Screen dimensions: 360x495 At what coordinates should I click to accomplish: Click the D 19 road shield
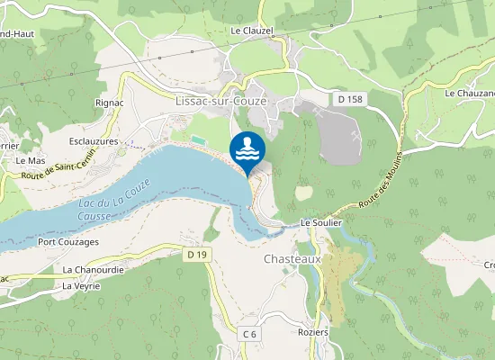pos(198,256)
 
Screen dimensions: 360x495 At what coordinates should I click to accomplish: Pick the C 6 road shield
pos(249,334)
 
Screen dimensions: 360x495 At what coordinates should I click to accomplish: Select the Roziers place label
pos(314,331)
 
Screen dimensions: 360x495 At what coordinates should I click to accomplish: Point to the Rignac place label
pos(111,103)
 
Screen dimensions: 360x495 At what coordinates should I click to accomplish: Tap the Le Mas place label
pos(31,160)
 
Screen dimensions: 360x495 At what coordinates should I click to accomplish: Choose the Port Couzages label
pos(67,242)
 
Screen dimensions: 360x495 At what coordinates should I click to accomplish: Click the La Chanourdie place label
pos(92,269)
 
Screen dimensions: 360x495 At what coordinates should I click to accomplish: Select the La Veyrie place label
pos(81,286)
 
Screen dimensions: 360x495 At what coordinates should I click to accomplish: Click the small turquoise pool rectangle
pos(195,140)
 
